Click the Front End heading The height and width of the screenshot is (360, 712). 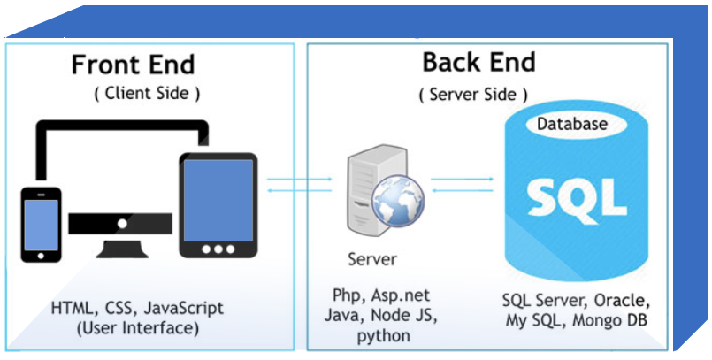tap(133, 65)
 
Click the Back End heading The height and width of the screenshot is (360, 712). tap(478, 62)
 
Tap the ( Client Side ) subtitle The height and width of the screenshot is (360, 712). tap(147, 92)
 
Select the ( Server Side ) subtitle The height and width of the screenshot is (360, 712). tap(473, 93)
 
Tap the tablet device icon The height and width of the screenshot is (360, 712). tap(218, 206)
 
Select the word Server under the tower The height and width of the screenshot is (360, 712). tap(372, 260)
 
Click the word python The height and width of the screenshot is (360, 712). tap(383, 336)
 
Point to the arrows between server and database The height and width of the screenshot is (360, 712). tap(463, 183)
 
